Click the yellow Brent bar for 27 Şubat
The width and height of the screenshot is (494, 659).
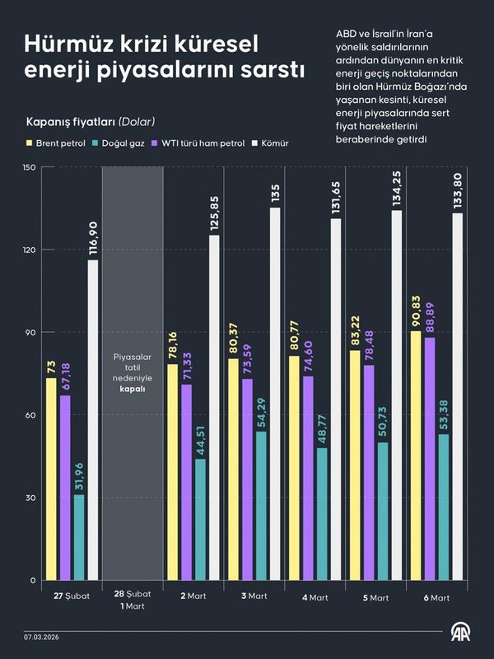(x=51, y=479)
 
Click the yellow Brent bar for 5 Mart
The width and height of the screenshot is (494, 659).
(x=355, y=465)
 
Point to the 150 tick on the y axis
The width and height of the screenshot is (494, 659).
(x=30, y=167)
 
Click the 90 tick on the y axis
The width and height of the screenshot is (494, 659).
(x=30, y=333)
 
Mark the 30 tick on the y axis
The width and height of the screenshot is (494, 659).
(x=30, y=498)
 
